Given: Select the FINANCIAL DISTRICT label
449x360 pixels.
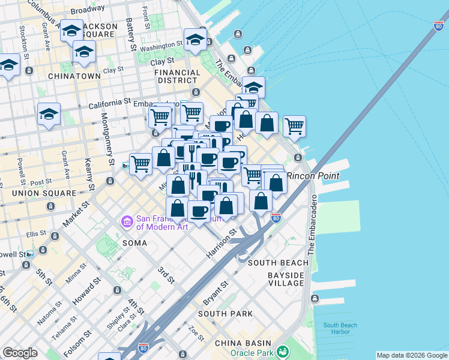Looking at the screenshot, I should click(177, 76).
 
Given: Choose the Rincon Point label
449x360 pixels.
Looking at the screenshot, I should click(313, 176).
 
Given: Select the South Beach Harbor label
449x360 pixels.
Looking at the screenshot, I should click(340, 329).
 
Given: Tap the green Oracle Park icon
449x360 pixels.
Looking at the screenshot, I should click(283, 352).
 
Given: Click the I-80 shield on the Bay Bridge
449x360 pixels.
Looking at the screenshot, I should click(438, 26).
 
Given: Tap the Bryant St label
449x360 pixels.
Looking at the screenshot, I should click(217, 291).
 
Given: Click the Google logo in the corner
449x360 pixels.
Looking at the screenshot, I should click(20, 353).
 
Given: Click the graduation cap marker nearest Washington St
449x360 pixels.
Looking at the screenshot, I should click(195, 40).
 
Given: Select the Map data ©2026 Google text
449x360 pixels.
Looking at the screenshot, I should click(411, 355).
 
